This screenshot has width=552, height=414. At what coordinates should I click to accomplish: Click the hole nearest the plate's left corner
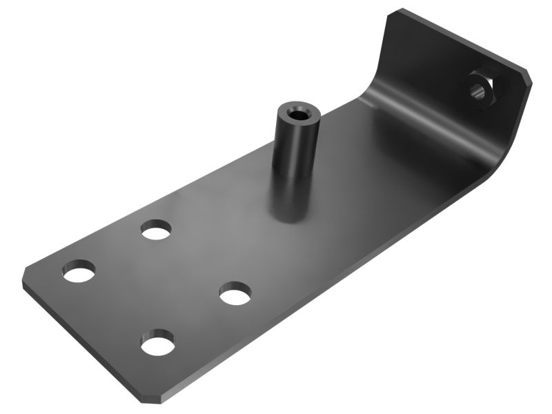(79, 270)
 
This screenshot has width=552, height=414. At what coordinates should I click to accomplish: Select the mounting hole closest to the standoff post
(157, 229)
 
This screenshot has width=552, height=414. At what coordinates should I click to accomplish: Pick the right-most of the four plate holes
(235, 295)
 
